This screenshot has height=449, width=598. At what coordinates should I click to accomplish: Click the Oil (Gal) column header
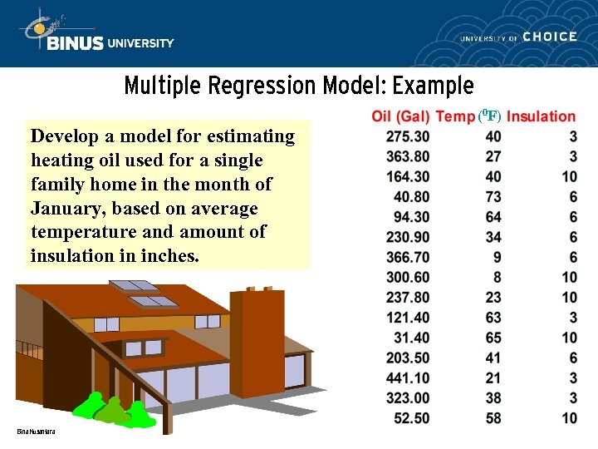point(401,117)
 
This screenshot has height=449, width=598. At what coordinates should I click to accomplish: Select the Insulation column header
point(541,117)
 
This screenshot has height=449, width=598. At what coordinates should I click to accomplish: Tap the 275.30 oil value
point(408,136)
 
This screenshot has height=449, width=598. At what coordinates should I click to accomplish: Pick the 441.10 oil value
point(408,377)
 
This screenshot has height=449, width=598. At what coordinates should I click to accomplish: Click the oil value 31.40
point(411,338)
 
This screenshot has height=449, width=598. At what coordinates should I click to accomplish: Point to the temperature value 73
point(493,197)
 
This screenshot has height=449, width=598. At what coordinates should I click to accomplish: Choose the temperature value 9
point(497,257)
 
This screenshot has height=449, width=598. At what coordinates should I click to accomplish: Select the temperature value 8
point(497,277)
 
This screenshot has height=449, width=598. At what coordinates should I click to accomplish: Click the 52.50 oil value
point(411,417)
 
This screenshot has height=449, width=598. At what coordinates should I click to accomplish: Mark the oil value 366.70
point(408,257)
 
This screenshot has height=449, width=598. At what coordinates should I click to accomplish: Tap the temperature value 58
point(493,417)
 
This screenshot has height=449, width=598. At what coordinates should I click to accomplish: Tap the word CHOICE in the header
point(550,37)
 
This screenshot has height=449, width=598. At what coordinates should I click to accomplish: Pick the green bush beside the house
point(112,410)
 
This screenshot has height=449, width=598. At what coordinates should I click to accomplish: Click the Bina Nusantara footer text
point(35,432)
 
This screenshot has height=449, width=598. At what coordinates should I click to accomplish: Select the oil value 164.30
point(408,176)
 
